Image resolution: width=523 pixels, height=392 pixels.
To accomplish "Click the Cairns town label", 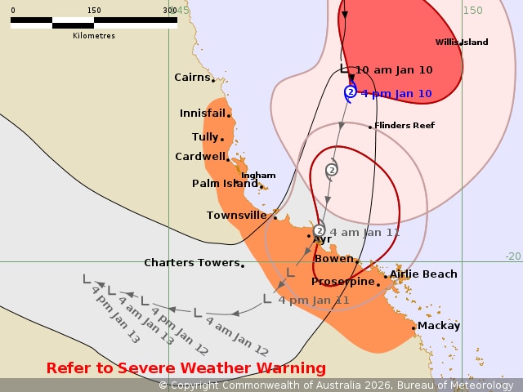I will click(x=192, y=78).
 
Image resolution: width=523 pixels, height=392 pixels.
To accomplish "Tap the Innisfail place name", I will click(x=203, y=114).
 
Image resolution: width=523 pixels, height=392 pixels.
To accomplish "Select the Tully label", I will click(x=204, y=137).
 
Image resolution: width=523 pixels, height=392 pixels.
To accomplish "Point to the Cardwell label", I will click(x=199, y=157).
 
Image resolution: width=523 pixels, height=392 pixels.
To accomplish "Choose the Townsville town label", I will click(x=236, y=216).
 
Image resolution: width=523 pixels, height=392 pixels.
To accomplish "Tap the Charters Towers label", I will click(x=191, y=263).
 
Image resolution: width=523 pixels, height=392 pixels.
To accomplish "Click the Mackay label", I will click(x=439, y=326).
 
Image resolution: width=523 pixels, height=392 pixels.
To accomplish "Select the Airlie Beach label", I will click(x=423, y=274).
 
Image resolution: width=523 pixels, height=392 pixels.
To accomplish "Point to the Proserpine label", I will click(x=343, y=282).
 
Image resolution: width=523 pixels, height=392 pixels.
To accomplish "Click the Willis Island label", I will click(x=462, y=42).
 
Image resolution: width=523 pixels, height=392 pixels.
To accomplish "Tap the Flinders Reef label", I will click(x=405, y=126).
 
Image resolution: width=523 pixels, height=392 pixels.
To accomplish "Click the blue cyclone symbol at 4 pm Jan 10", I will click(x=351, y=92).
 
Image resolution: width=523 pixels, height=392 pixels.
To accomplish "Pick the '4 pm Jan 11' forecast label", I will click(x=314, y=301).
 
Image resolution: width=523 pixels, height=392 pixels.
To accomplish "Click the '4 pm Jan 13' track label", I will click(x=105, y=314).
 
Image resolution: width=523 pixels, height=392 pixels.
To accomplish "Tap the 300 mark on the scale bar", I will click(x=170, y=11).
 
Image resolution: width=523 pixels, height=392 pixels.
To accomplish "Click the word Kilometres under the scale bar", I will click(x=94, y=36).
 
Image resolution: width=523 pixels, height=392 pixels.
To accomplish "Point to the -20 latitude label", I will click(x=512, y=256).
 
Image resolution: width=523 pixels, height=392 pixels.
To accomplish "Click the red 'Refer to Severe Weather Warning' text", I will click(x=186, y=368).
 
